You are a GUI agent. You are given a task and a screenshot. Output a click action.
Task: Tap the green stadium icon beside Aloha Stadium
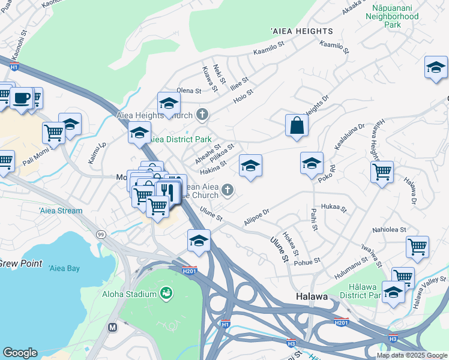(x=166, y=294)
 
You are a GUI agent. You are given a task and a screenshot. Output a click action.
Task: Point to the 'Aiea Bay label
(x=64, y=268)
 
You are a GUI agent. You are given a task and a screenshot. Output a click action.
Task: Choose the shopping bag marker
(x=297, y=125)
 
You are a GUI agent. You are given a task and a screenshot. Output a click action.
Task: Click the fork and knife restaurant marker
(x=167, y=191)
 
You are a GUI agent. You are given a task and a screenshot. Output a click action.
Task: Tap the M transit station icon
(x=112, y=328)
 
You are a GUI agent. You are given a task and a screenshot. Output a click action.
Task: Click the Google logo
(x=20, y=353)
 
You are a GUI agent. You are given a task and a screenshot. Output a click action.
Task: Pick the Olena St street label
(x=188, y=90)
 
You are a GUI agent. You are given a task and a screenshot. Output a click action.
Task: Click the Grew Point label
(x=20, y=263)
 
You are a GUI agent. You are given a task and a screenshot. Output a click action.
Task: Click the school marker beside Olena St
(x=169, y=104)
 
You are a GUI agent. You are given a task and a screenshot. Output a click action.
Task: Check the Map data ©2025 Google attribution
(x=412, y=355)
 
